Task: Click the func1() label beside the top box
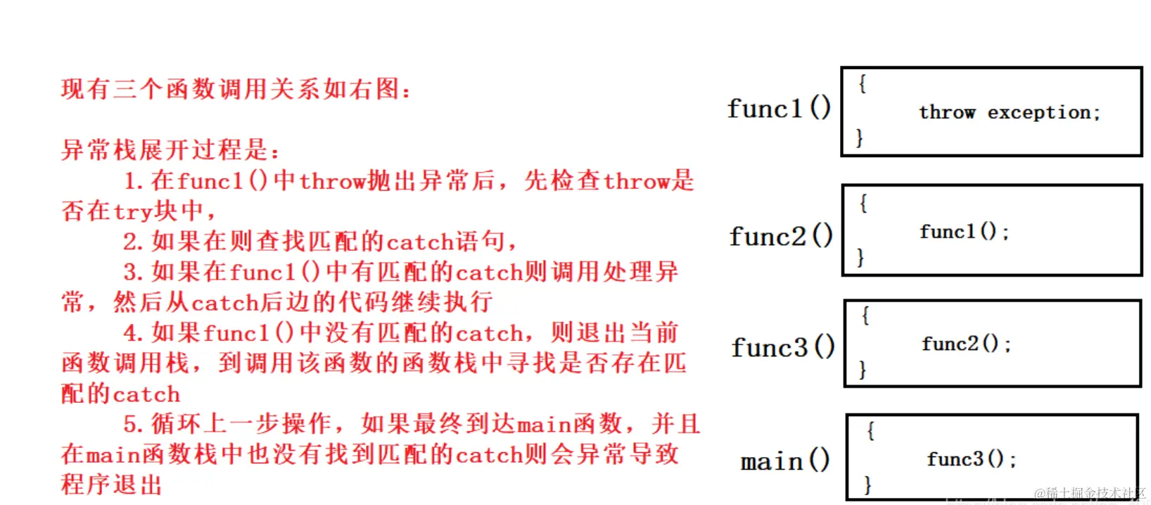point(779,108)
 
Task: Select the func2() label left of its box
point(781,236)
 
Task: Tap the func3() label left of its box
point(783,347)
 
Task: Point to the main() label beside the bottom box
point(785,461)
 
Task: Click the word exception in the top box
point(1043,113)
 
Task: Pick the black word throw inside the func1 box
point(947,112)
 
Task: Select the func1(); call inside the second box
point(964,232)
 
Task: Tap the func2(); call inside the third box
point(966,344)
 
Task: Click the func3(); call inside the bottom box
point(971,459)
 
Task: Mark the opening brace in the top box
point(862,84)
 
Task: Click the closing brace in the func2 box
point(860,257)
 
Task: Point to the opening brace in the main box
point(870,431)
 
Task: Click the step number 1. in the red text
point(134,182)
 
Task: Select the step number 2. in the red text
point(134,242)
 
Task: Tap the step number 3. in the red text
point(134,273)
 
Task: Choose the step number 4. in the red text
point(134,333)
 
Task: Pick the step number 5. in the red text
point(134,424)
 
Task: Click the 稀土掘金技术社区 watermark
point(1090,493)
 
